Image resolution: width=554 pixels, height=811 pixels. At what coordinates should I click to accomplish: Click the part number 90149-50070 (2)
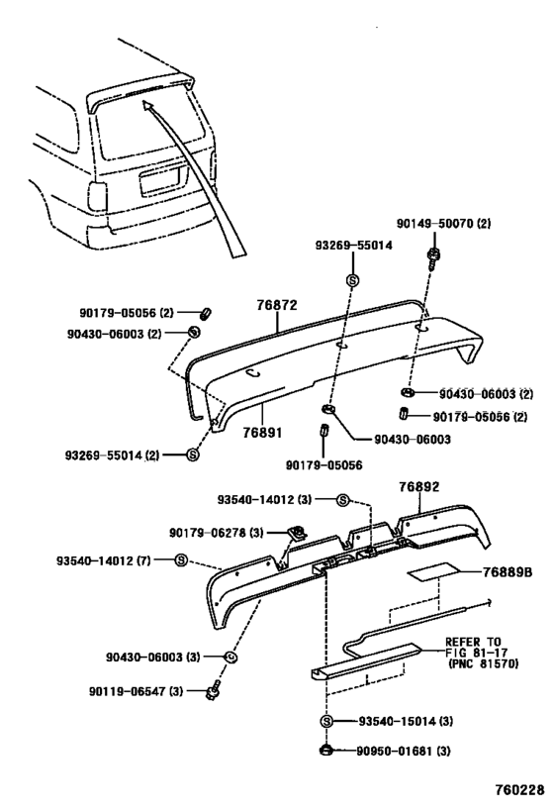pos(444,224)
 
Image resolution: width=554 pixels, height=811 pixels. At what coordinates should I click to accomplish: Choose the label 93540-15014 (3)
pos(403,721)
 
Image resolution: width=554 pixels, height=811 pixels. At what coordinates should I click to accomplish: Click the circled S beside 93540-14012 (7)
pos(181,560)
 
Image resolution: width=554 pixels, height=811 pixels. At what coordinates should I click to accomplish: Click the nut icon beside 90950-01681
pos(325,751)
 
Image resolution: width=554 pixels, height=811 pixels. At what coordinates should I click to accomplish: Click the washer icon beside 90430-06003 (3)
pos(230,657)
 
